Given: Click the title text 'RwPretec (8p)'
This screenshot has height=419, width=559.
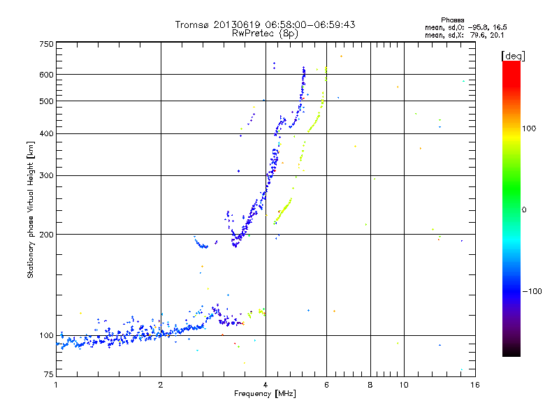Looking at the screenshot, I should (265, 33).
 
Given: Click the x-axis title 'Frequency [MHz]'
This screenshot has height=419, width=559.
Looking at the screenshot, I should (265, 395).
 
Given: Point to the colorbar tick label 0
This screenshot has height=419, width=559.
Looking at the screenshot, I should (524, 209).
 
